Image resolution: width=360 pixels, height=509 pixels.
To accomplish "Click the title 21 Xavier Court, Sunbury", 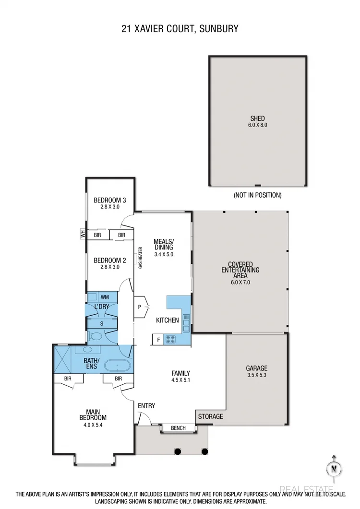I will click(x=180, y=29).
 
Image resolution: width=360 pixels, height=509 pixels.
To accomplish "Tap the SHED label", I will click(x=257, y=118).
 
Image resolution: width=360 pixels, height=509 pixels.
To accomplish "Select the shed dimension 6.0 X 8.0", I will click(x=257, y=125).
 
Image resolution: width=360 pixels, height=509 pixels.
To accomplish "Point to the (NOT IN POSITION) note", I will click(x=257, y=195).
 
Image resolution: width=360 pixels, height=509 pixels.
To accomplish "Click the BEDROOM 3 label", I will click(x=109, y=200).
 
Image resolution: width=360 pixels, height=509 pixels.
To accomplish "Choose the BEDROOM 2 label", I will click(x=109, y=260).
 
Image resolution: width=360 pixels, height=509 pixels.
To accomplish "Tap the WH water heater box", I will click(x=83, y=235).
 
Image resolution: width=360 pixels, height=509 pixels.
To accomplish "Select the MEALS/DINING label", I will click(x=163, y=244).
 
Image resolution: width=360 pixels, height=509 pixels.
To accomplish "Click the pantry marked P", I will click(x=140, y=307).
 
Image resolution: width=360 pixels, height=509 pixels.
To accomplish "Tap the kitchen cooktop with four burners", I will click(x=170, y=339).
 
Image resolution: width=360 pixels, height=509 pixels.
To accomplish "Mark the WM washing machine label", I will click(x=105, y=297).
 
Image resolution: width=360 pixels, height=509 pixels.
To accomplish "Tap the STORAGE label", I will click(x=211, y=416).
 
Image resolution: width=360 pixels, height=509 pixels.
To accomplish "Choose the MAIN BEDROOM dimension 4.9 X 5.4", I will click(x=93, y=424).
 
